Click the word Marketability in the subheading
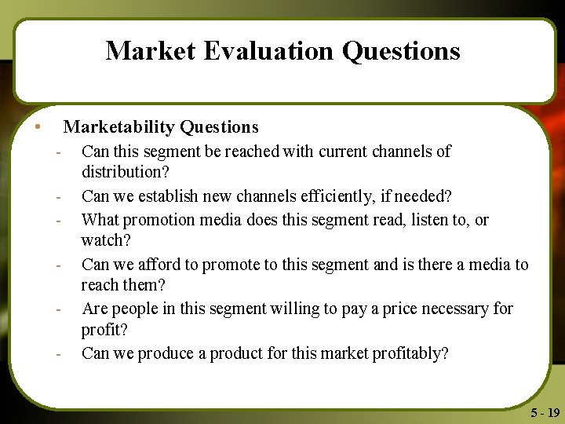coord(118,127)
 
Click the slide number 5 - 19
coord(544,412)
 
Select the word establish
coord(177,196)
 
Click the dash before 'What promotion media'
coord(58,221)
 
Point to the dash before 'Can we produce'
coord(58,353)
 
